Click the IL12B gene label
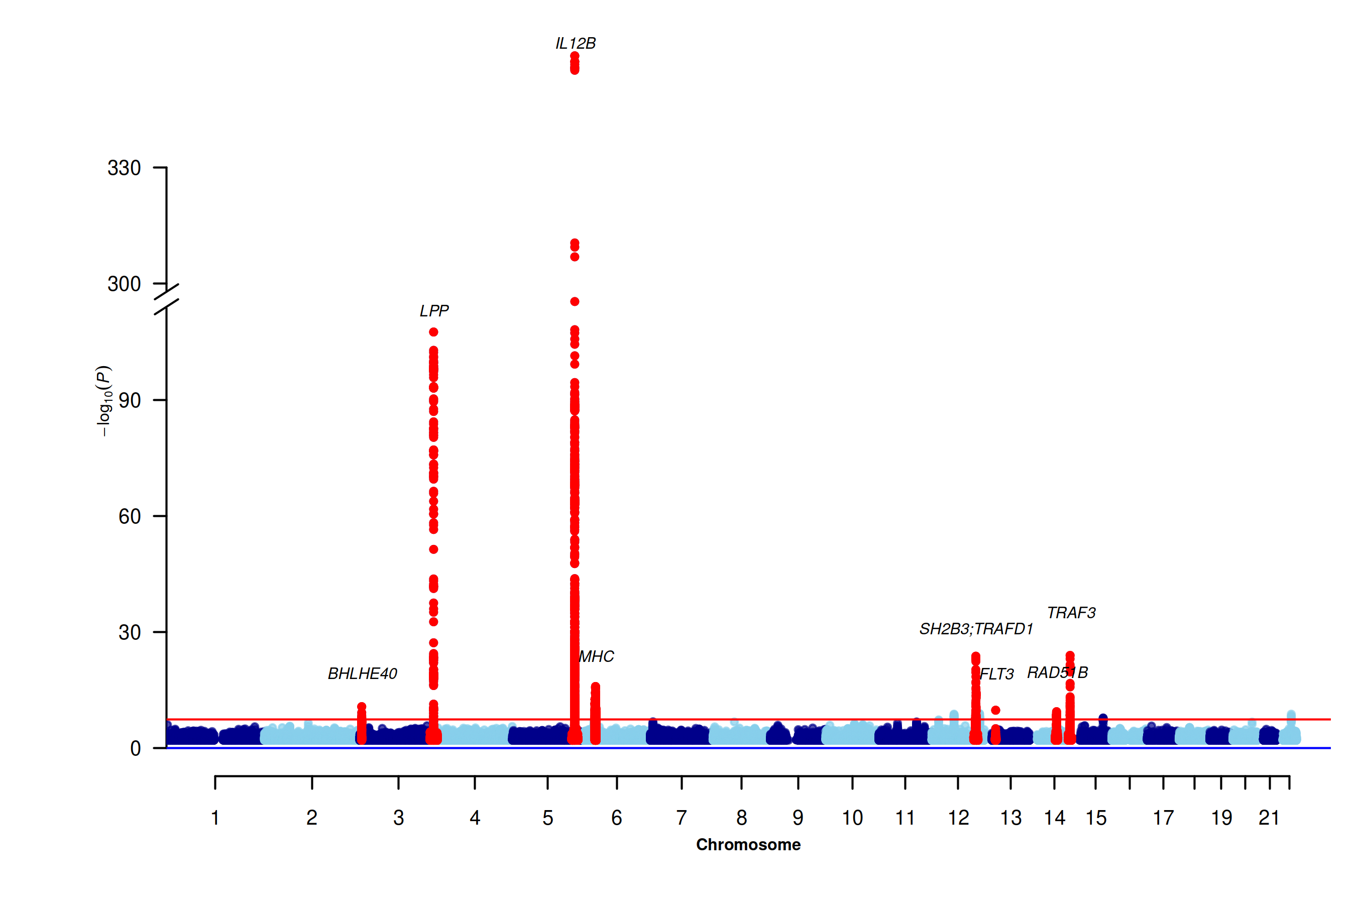(x=576, y=43)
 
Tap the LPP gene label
(x=433, y=311)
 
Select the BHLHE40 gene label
(x=362, y=673)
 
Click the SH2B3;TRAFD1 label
(x=976, y=628)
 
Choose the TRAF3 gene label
(x=1071, y=612)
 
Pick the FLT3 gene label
(x=997, y=673)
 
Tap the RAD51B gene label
(x=1057, y=672)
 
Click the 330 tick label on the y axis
(x=124, y=168)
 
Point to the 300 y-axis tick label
(x=124, y=284)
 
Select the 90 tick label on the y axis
(x=130, y=400)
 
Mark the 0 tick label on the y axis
(x=136, y=748)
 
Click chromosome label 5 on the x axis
(x=548, y=818)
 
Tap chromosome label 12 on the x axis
(x=958, y=818)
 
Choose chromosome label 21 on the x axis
(x=1269, y=818)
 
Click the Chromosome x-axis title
(x=748, y=845)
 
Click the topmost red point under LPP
(x=433, y=332)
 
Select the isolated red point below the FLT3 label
(x=996, y=710)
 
